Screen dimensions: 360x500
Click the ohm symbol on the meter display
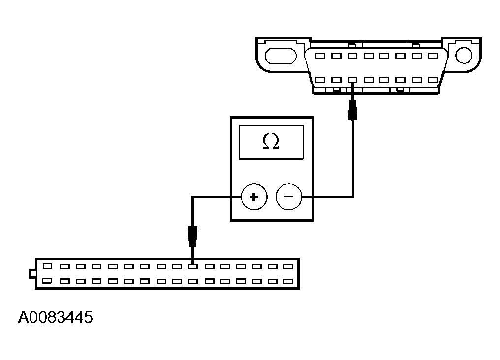pyautogui.click(x=271, y=142)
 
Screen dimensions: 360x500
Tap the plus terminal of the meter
pyautogui.click(x=253, y=197)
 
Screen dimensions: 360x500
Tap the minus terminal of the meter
pyautogui.click(x=289, y=197)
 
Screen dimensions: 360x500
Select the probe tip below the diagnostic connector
pyautogui.click(x=353, y=109)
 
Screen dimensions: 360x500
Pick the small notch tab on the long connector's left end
pyautogui.click(x=32, y=272)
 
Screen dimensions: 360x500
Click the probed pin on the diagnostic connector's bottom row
pyautogui.click(x=352, y=80)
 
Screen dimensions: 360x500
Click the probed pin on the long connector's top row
pyautogui.click(x=193, y=266)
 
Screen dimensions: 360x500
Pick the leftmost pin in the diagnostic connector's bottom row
pyautogui.click(x=320, y=80)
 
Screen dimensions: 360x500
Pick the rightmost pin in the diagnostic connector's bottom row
pyautogui.click(x=433, y=80)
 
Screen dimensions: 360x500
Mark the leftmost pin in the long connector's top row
pyautogui.click(x=48, y=266)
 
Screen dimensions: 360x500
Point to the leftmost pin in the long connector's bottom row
pyautogui.click(x=48, y=281)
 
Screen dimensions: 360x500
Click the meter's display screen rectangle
pyautogui.click(x=271, y=142)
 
